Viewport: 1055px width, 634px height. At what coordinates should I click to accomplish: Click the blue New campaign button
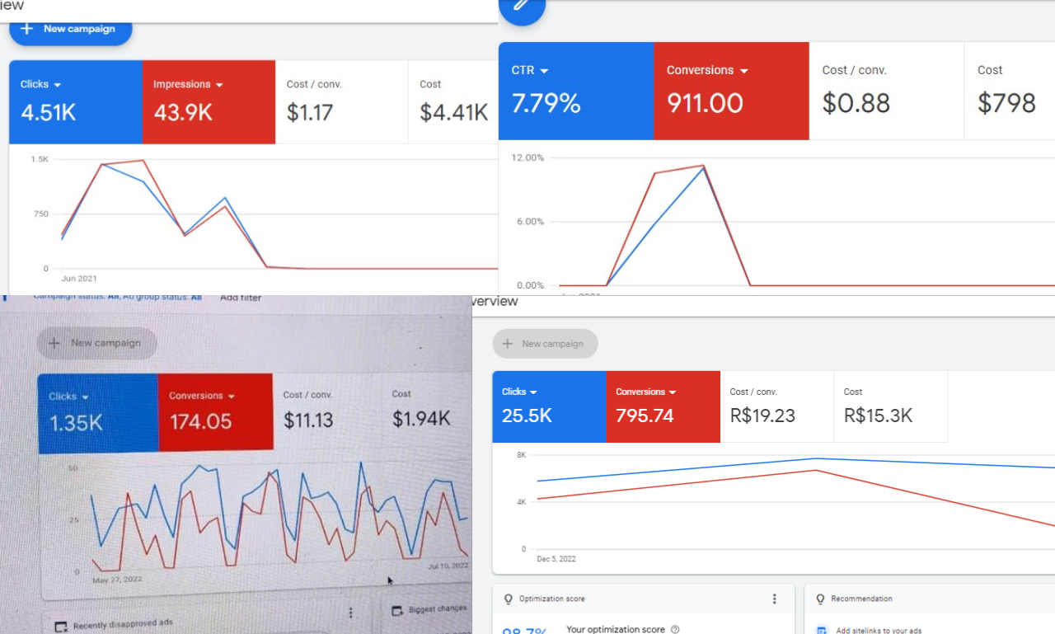point(70,29)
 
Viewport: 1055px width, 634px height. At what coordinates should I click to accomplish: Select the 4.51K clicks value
point(48,112)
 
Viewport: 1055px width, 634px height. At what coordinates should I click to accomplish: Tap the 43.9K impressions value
point(183,112)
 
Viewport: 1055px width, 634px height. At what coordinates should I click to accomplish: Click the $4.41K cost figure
point(453,112)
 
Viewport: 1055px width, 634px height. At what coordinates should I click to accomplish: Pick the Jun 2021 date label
point(79,279)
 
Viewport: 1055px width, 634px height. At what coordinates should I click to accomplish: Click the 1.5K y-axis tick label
point(40,158)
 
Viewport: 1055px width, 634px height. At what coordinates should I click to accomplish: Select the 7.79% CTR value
point(546,103)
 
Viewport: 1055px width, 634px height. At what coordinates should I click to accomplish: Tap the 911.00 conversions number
point(705,103)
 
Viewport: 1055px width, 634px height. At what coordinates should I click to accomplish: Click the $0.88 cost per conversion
point(856,103)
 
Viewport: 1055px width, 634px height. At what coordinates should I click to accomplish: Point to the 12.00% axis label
point(528,157)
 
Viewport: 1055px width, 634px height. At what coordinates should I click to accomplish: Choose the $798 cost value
point(1006,103)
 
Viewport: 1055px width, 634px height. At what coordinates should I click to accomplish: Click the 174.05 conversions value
point(201,421)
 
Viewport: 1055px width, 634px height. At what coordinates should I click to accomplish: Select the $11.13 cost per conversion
point(308,420)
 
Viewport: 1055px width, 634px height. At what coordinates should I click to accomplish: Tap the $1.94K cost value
point(421,419)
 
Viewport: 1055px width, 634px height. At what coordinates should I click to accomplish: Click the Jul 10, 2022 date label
point(448,566)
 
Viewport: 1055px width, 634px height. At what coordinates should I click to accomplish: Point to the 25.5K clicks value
point(527,416)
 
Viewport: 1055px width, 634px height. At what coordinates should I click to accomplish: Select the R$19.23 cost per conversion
point(762,416)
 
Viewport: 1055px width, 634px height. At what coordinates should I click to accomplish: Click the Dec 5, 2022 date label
point(556,559)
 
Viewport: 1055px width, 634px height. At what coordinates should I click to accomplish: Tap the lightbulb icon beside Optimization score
point(509,599)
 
